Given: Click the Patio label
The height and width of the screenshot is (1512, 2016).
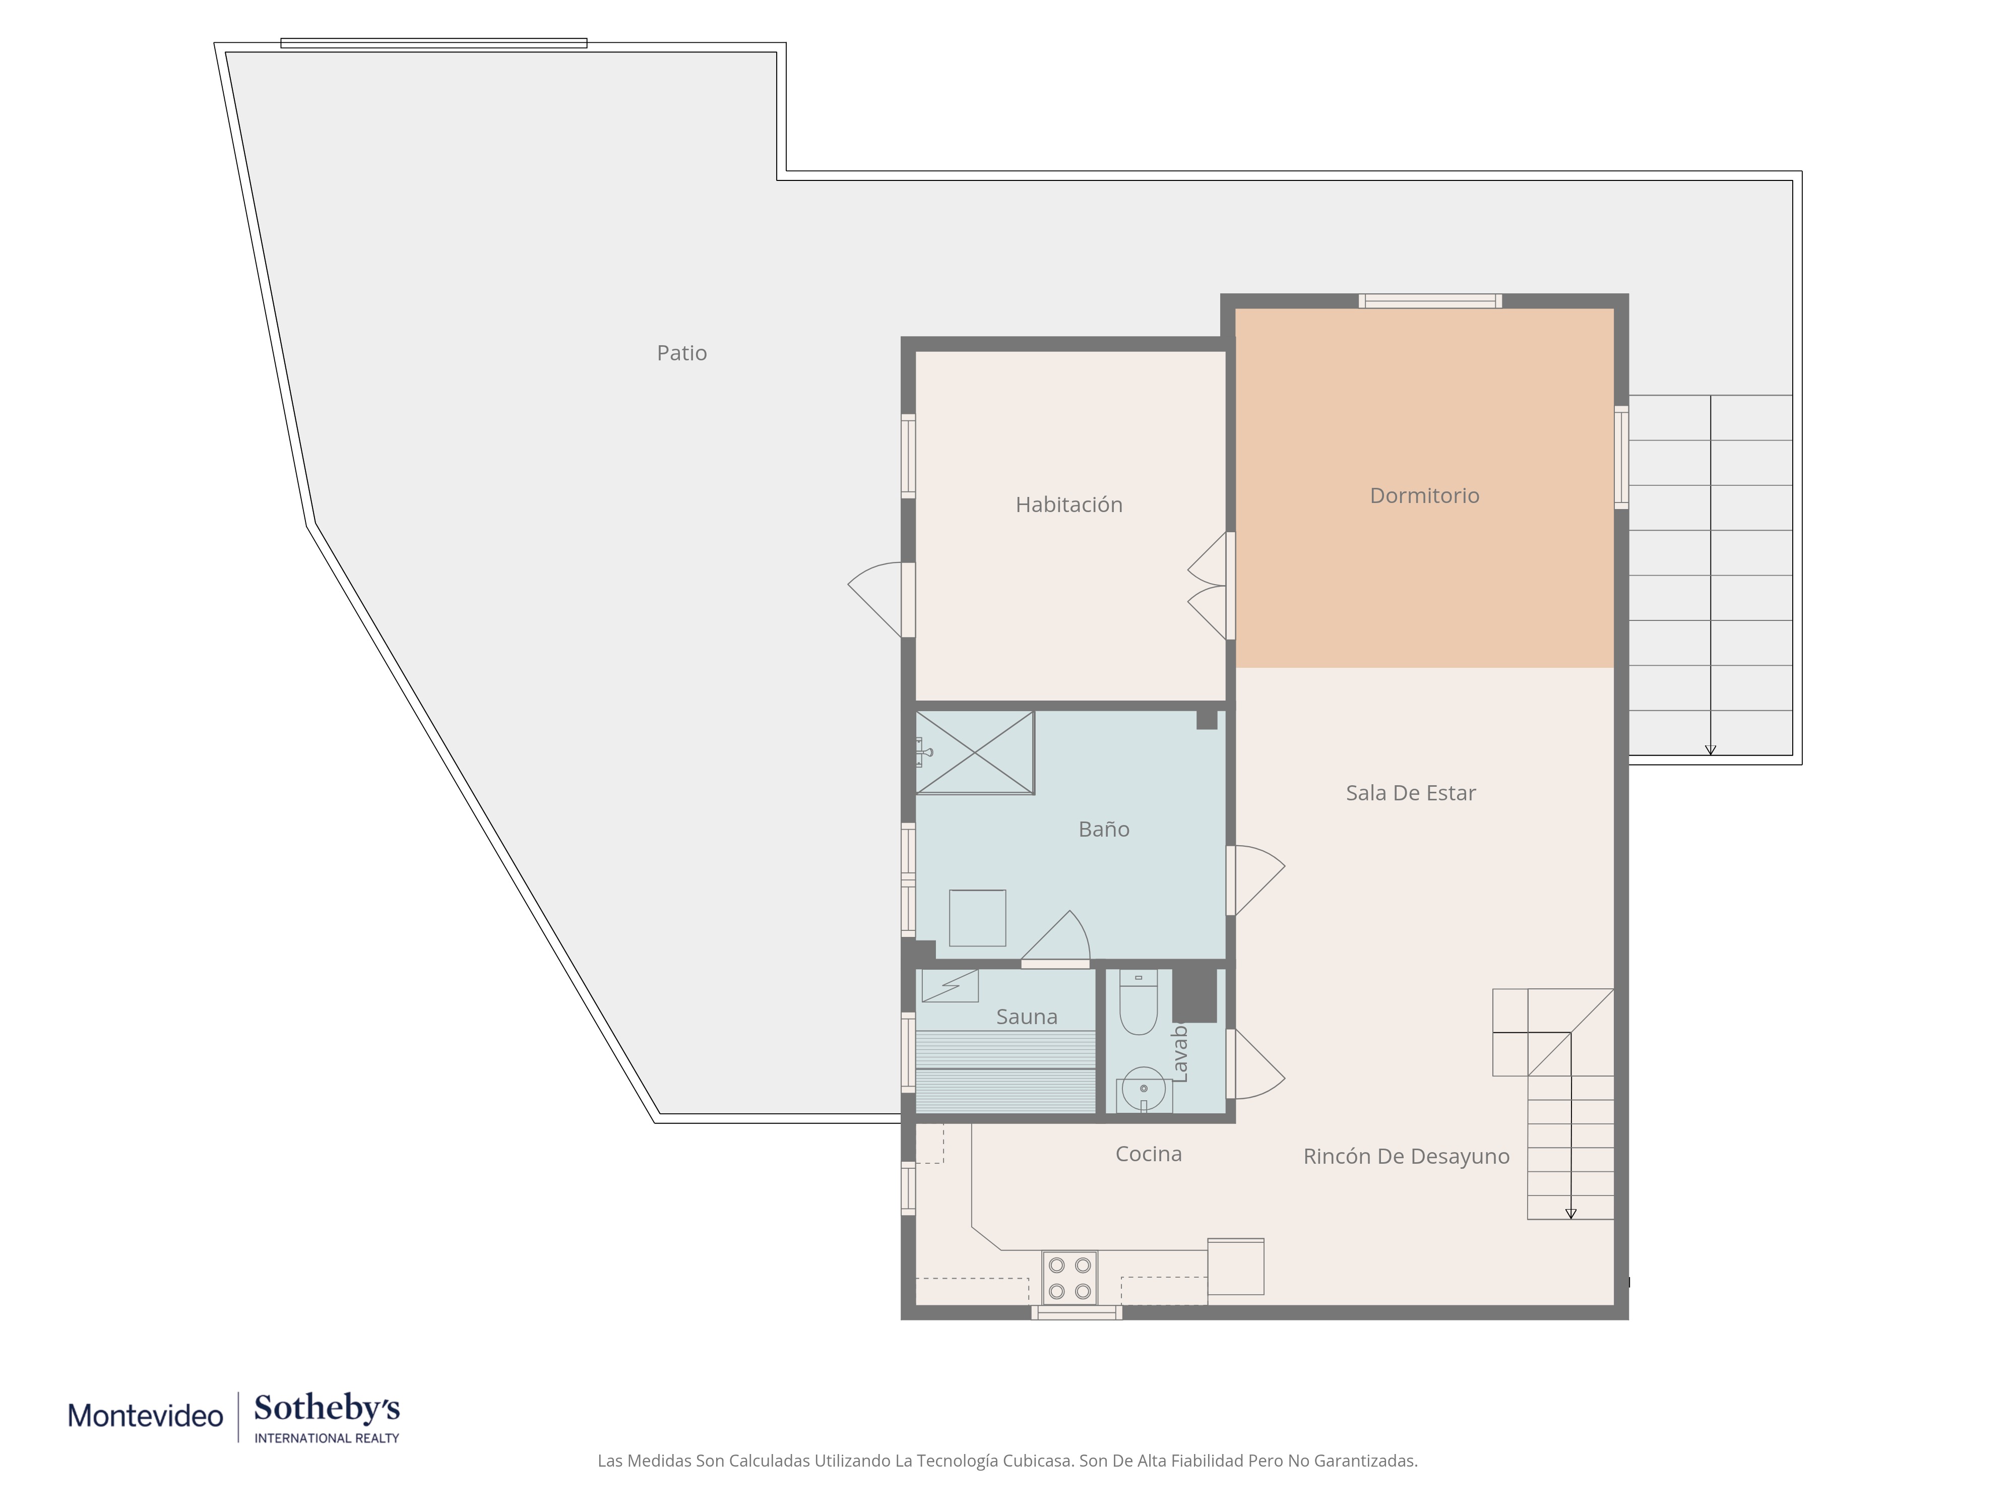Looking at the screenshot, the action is [x=682, y=353].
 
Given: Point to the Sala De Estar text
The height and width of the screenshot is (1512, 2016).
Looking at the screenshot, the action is [x=1411, y=793].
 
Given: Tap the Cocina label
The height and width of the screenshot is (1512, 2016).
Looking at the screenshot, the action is [x=1148, y=1154].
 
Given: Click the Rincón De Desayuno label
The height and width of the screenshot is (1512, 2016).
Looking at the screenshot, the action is [x=1406, y=1157].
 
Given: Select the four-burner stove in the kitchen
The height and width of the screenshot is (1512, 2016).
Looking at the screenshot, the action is [x=1070, y=1278].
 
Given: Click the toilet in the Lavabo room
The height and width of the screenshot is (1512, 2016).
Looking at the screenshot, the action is [x=1139, y=1002].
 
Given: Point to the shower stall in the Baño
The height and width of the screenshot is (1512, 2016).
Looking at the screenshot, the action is [x=974, y=753].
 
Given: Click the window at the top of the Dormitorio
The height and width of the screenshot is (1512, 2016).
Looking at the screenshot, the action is [x=1430, y=301].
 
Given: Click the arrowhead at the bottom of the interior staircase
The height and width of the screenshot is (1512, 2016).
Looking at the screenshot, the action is [x=1570, y=1214].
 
